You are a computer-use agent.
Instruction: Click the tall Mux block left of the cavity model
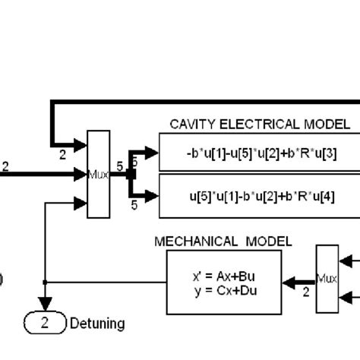[x=99, y=174]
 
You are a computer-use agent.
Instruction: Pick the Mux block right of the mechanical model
[x=327, y=277]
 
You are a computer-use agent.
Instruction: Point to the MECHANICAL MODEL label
[x=223, y=242]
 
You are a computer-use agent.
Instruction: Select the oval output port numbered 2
[x=44, y=324]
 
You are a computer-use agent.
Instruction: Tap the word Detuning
[x=97, y=324]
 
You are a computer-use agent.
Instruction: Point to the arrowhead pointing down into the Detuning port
[x=46, y=308]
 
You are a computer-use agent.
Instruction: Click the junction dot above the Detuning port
[x=46, y=283]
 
